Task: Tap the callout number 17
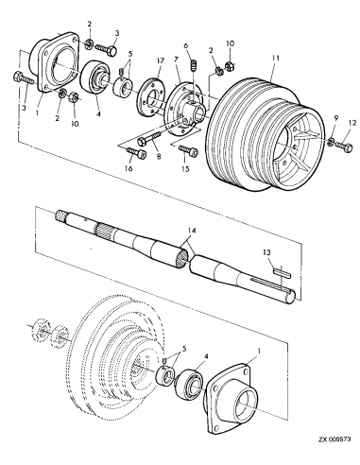coord(162,60)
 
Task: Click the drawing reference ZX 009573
coord(330,453)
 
